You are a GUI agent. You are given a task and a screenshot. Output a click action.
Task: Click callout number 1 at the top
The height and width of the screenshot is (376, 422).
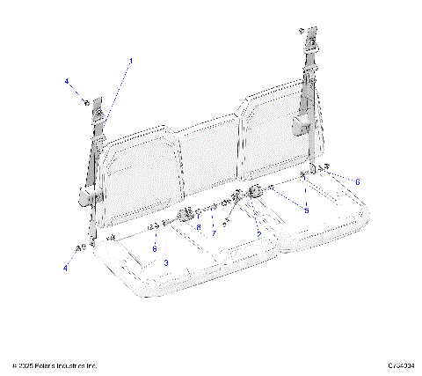(x=131, y=61)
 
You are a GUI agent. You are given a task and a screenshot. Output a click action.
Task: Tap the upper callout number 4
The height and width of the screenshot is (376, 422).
(x=66, y=81)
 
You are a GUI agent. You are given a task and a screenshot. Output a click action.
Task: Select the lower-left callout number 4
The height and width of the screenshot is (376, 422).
(x=65, y=267)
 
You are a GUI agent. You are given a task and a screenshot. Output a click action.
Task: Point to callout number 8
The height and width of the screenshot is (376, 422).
(x=199, y=227)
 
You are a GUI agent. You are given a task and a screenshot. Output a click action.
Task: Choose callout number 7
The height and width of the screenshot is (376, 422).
(x=213, y=233)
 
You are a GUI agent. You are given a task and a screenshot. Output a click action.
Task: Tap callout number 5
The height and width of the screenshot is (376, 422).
(x=306, y=210)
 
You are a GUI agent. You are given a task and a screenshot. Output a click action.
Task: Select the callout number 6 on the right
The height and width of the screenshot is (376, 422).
(x=357, y=181)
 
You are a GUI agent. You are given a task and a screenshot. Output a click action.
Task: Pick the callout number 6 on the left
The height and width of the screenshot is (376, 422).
(x=155, y=248)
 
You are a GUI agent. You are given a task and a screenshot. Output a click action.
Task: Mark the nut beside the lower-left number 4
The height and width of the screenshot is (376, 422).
(x=82, y=249)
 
